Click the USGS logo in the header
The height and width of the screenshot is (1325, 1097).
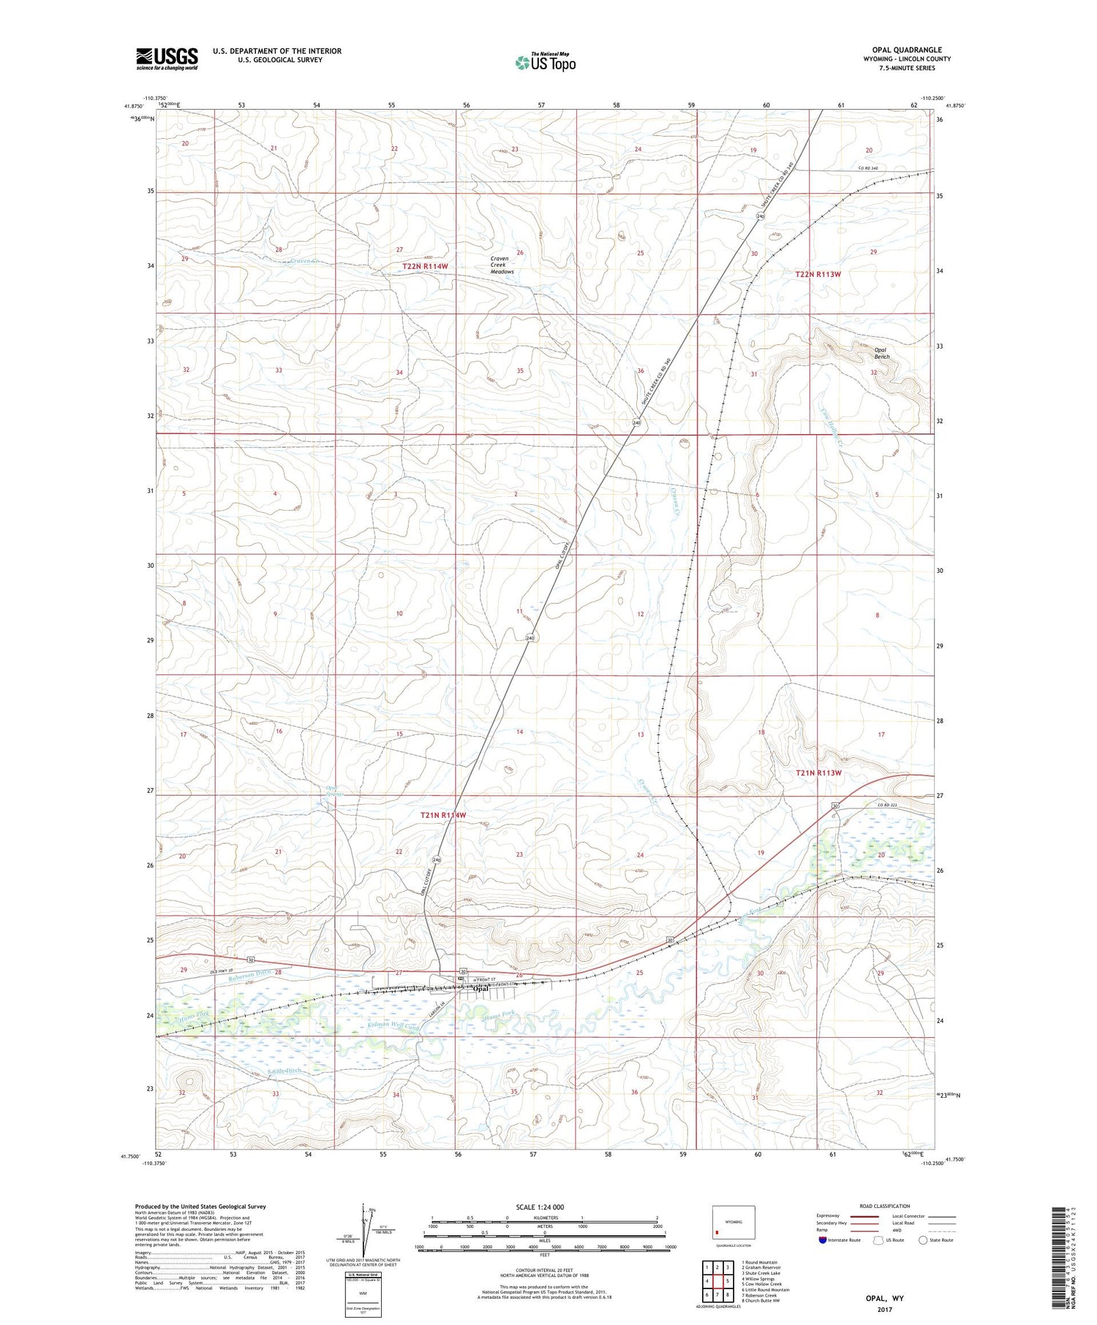tap(167, 58)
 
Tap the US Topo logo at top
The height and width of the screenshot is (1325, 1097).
tap(545, 63)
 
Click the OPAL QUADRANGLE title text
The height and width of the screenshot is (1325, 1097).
tap(906, 50)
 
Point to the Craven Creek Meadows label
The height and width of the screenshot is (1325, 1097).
tap(502, 265)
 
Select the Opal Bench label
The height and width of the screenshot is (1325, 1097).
tap(882, 353)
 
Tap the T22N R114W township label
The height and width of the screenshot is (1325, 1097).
tap(424, 267)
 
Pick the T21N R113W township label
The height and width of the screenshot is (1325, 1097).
tap(818, 772)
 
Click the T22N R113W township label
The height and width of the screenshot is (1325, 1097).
tap(818, 274)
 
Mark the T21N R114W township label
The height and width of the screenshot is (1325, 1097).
tap(442, 815)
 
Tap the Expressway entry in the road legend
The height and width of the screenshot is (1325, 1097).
tap(832, 1216)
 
